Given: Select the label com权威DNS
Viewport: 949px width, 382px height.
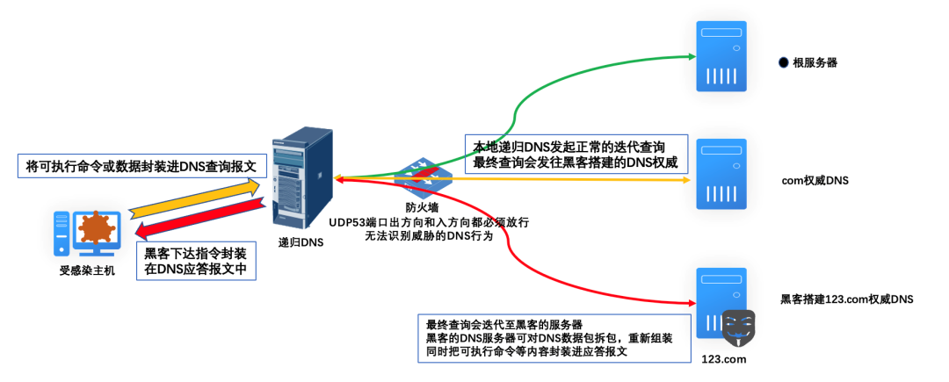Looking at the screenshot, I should (x=814, y=181).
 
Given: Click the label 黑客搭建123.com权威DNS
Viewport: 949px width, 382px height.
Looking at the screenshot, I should (x=847, y=299).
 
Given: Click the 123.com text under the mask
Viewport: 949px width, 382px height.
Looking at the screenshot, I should (x=724, y=360).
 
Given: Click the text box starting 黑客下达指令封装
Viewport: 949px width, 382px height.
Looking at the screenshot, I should (x=196, y=261).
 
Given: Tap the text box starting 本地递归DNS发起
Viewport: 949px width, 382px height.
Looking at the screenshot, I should (x=576, y=155).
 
